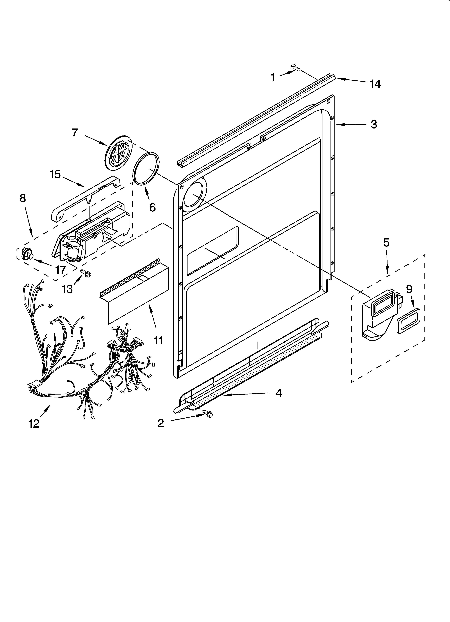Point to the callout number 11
[x=158, y=341]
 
